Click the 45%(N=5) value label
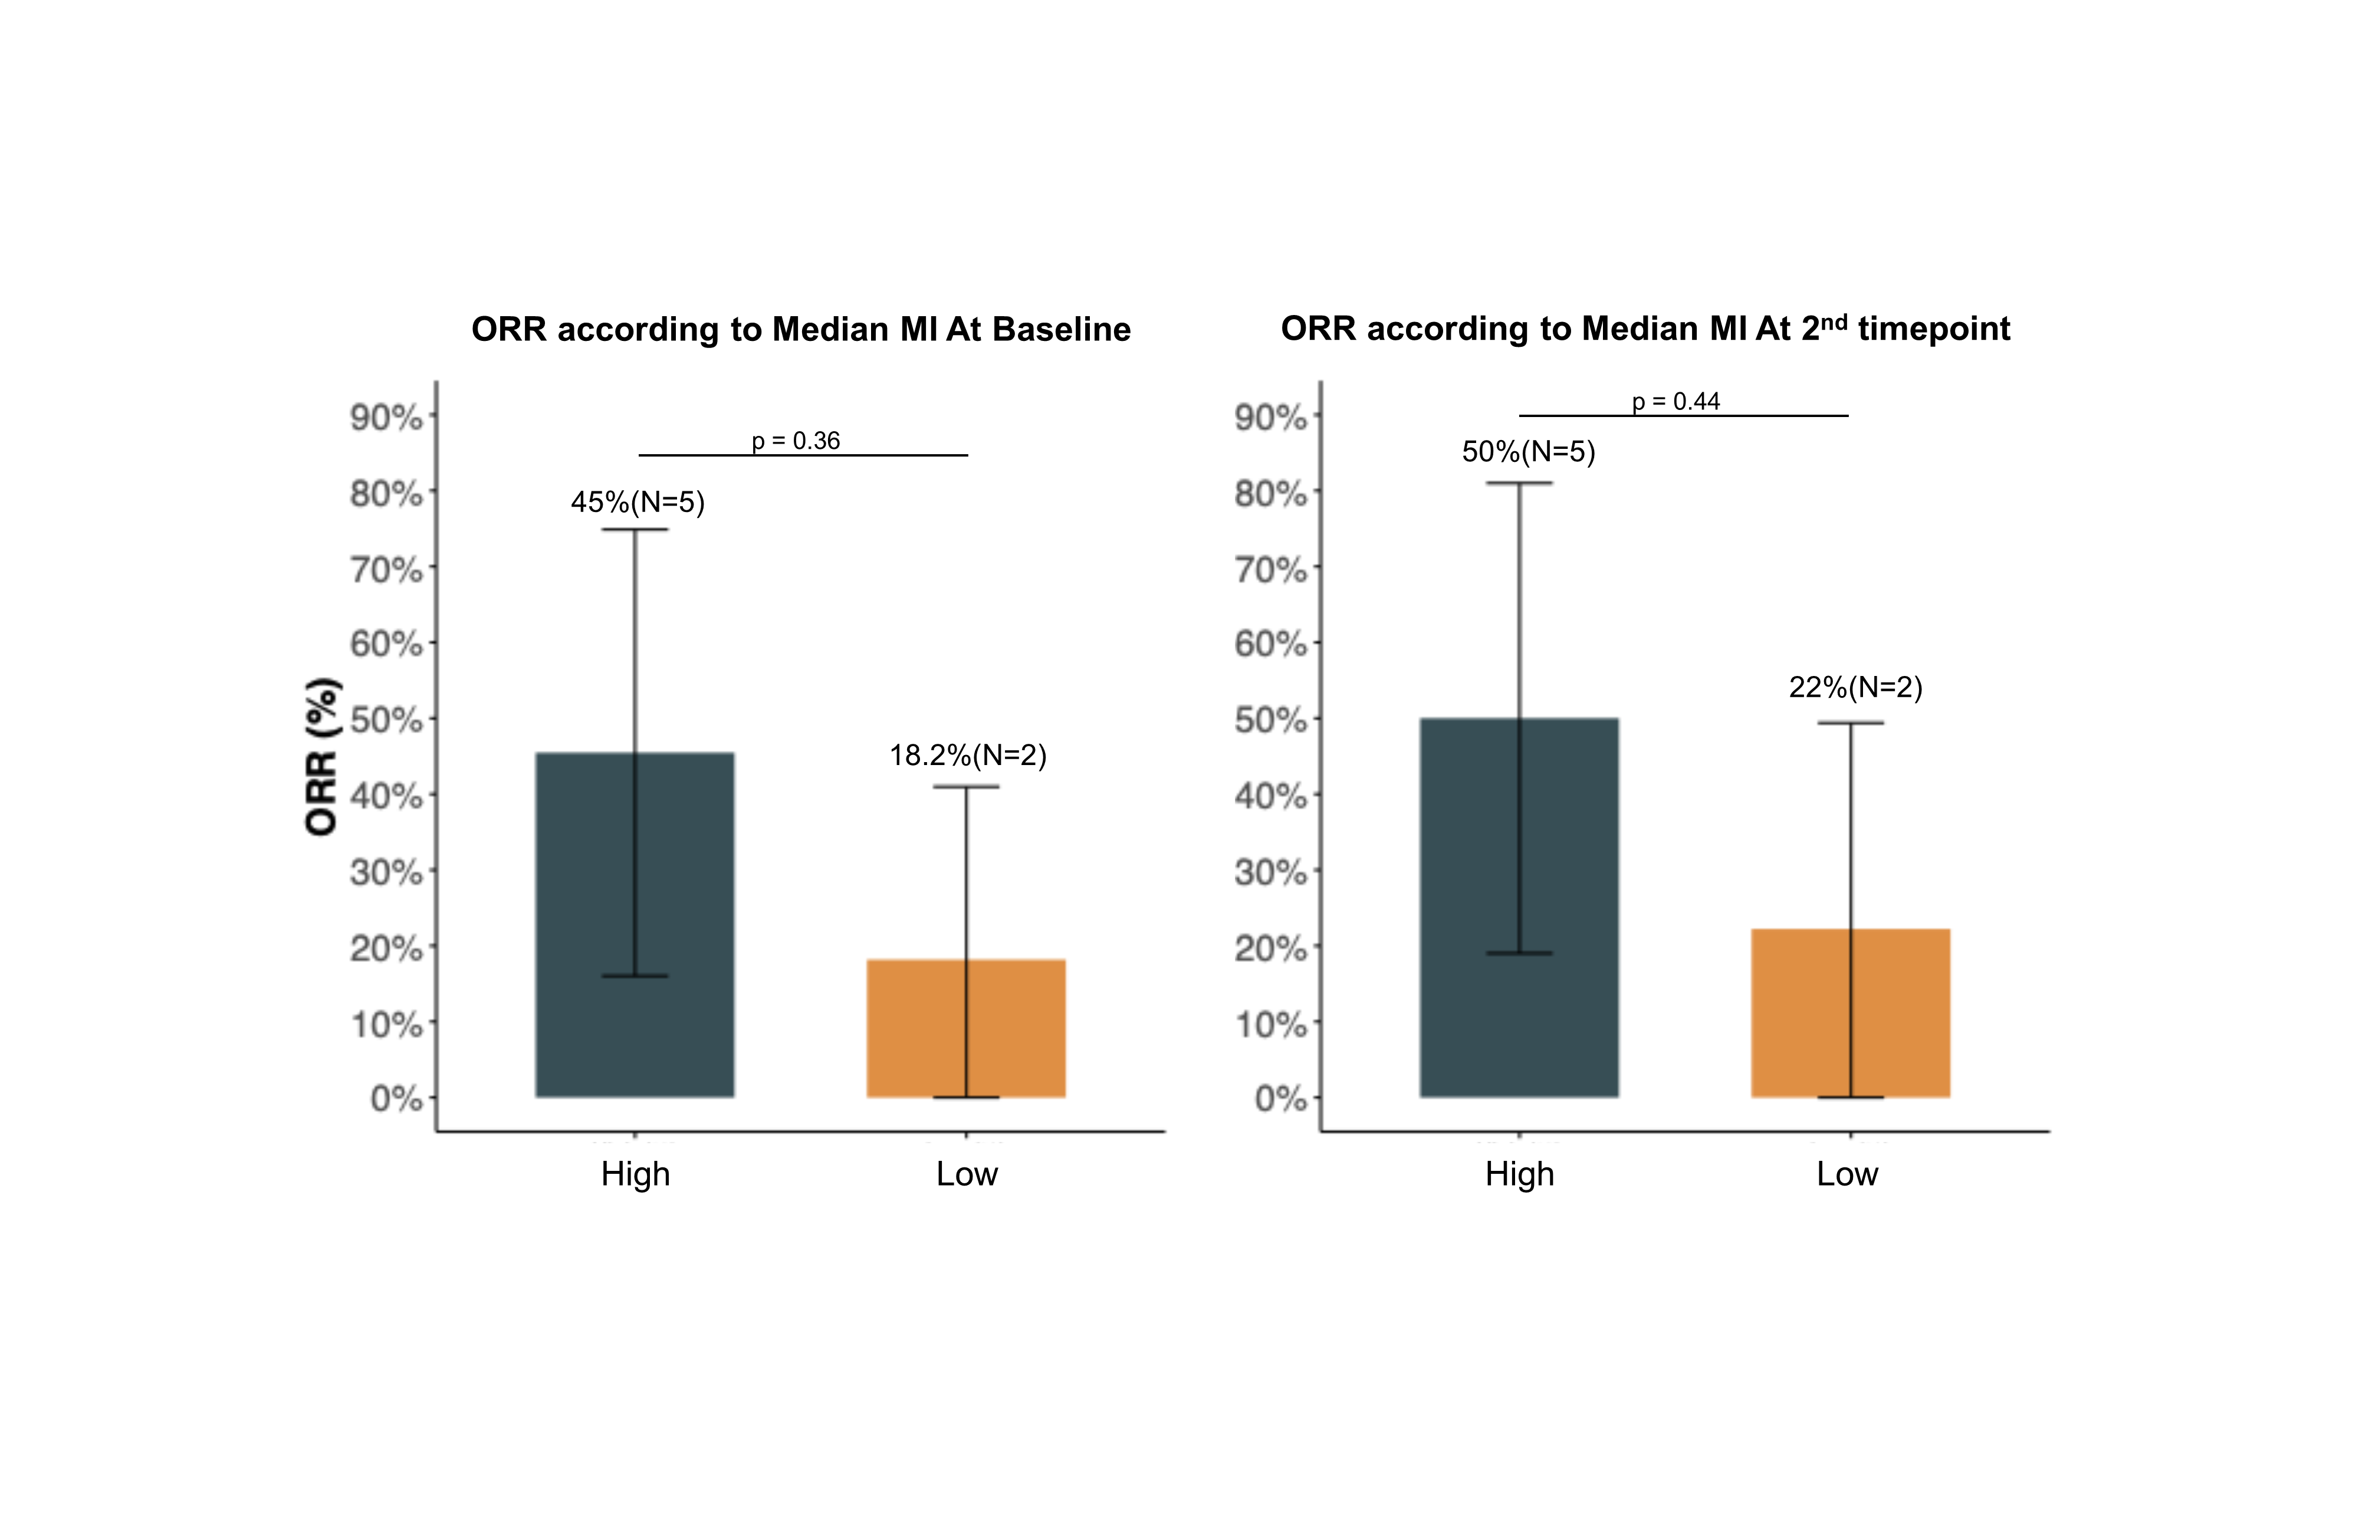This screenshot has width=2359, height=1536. click(x=638, y=502)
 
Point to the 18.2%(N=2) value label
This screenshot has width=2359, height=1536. click(x=967, y=756)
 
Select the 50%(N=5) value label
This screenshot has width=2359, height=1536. click(x=1529, y=452)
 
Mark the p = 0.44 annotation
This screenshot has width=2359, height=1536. click(x=1676, y=402)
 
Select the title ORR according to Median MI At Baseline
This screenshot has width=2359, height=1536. click(x=801, y=329)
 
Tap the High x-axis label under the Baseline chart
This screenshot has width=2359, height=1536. click(x=635, y=1174)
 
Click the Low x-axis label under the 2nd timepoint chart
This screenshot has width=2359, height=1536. click(x=1847, y=1174)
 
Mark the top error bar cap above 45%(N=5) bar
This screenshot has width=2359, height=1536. click(x=635, y=530)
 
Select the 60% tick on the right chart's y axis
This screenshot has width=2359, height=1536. click(x=1270, y=645)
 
